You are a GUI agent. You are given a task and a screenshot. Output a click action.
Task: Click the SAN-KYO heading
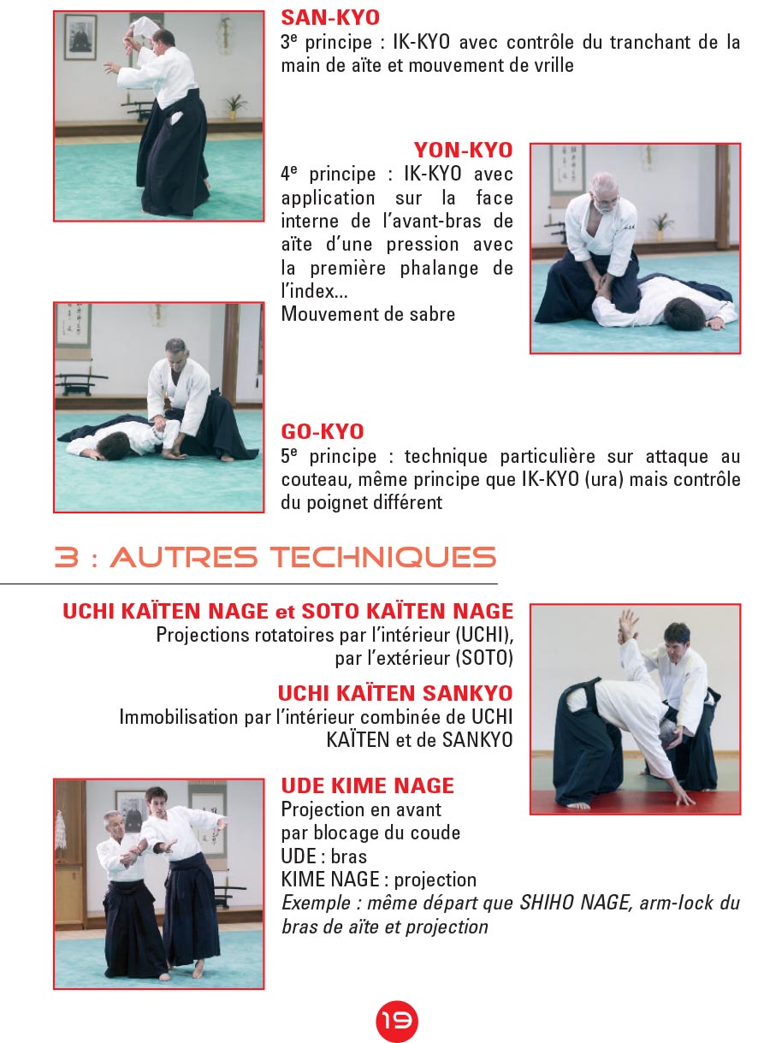[330, 18]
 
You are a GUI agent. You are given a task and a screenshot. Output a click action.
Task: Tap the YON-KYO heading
[464, 150]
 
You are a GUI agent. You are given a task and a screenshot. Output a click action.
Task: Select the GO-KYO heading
[323, 431]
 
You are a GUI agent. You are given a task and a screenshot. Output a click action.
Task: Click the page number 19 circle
[397, 1021]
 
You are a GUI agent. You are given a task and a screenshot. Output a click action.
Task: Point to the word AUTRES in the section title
[183, 557]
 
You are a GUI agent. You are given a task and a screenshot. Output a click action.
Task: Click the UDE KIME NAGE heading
[367, 785]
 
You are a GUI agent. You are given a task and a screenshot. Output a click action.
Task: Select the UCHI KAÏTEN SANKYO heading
[395, 693]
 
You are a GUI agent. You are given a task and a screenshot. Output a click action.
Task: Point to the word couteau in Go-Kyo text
[317, 480]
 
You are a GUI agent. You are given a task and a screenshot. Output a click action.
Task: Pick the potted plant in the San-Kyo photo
[234, 106]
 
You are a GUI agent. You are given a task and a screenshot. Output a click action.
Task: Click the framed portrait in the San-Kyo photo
[80, 38]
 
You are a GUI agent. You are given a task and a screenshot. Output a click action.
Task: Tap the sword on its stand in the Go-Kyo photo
[80, 383]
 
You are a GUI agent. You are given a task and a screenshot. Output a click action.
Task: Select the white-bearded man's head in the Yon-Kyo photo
[604, 193]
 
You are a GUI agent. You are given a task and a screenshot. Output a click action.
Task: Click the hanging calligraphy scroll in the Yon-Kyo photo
[567, 174]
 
